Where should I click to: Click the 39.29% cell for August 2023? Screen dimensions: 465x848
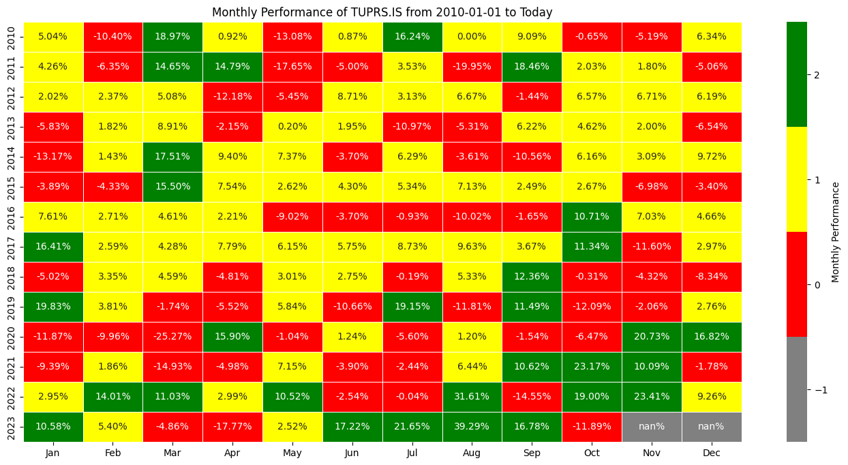tap(472, 426)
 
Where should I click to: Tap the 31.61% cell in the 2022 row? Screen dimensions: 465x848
tap(472, 396)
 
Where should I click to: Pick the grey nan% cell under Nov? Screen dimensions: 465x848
tap(652, 426)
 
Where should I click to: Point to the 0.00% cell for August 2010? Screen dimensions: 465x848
tap(472, 36)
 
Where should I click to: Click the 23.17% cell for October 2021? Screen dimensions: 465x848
tap(592, 366)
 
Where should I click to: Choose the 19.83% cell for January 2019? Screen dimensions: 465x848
tap(53, 306)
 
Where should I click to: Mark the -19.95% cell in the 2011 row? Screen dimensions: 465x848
tap(472, 66)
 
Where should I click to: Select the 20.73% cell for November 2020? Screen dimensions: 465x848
tap(652, 336)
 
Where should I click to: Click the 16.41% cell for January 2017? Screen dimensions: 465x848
tap(53, 246)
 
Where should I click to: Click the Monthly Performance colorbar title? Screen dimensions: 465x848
tap(836, 232)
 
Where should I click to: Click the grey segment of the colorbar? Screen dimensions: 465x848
tap(796, 389)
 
